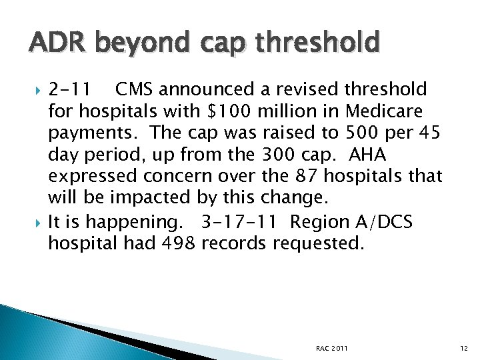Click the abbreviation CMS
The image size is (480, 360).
coord(137,89)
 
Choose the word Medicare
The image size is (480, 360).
coord(393,111)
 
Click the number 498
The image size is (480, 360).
coord(179,243)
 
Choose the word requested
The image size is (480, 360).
coord(319,244)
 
